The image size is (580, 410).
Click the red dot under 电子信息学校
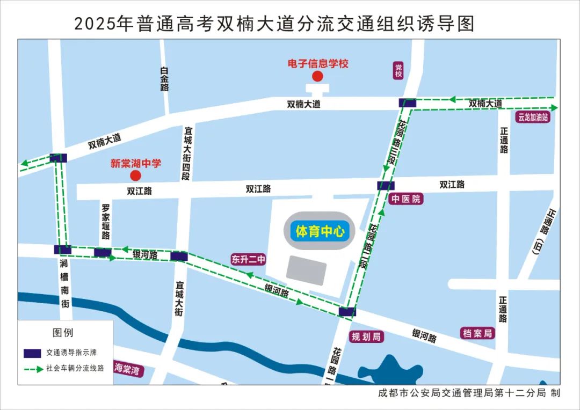pos(318,76)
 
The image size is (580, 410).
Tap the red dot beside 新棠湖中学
pos(135,175)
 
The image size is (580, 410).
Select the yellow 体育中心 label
pos(320,232)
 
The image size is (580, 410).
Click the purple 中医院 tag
pos(406,199)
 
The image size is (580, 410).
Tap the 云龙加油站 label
pos(533,118)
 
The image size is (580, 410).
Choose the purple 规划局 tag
pos(366,336)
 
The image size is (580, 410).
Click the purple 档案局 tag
pos(477,333)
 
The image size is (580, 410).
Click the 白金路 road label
pos(164,79)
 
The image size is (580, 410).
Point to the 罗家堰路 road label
pos(106,221)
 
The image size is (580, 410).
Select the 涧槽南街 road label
pos(64,284)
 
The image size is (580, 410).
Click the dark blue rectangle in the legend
pos(33,353)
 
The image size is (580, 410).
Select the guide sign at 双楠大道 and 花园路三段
pos(407,102)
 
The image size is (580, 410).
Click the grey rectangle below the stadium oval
pos(306,270)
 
